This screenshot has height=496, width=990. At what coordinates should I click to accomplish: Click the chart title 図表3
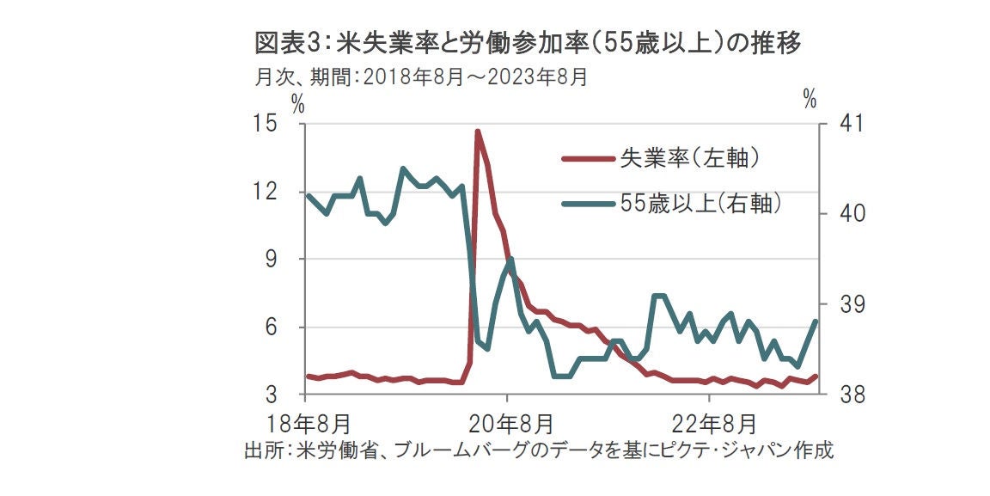pos(528,42)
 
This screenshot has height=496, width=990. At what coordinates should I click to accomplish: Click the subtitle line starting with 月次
pos(421,77)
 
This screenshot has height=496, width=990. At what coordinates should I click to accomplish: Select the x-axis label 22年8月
pos(710,424)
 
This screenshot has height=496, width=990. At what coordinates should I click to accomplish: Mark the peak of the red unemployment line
pos(477,132)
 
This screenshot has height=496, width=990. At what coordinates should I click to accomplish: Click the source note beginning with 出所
pos(539,451)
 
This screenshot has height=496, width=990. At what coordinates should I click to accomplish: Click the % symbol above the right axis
pos(810,99)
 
